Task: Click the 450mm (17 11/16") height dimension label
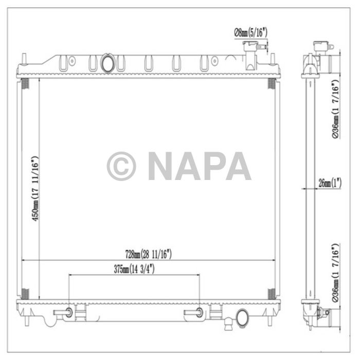click(35, 188)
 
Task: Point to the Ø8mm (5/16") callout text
click(250, 32)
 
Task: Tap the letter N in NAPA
click(162, 166)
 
